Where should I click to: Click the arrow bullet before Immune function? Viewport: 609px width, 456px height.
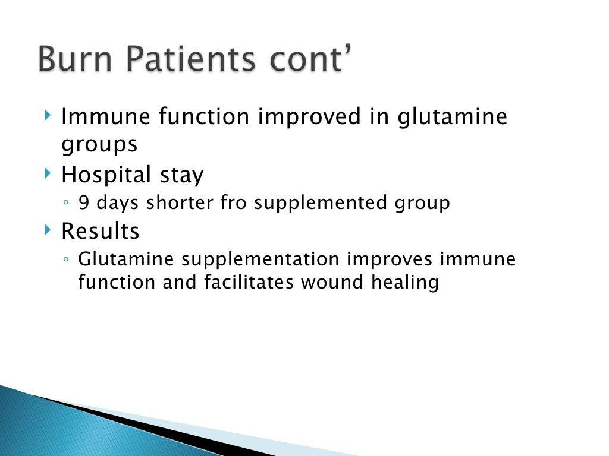click(48, 115)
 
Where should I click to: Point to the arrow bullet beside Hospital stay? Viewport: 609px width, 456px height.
click(48, 173)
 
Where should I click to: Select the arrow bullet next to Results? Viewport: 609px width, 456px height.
click(48, 229)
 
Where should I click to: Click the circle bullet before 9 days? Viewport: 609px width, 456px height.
click(67, 204)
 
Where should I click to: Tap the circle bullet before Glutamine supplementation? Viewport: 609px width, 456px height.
click(67, 260)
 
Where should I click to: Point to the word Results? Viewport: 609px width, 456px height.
click(100, 230)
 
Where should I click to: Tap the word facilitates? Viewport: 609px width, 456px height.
click(249, 283)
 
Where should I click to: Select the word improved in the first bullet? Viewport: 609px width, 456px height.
click(309, 117)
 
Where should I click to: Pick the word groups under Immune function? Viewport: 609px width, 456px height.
click(99, 144)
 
